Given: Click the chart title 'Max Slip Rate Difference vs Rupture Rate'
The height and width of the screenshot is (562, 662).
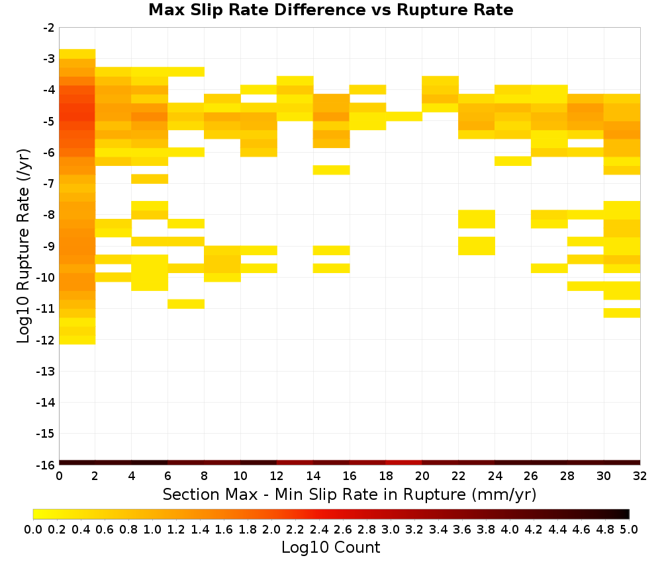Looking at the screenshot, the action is point(330,10).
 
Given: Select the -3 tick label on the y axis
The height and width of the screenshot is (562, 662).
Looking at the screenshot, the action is point(49,59).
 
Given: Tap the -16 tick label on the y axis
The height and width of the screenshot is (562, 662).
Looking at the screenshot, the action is point(46,465).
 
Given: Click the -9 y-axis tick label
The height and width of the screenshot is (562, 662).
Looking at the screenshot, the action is point(49,246).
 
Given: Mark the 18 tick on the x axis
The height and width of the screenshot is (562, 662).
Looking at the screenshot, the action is point(385,476).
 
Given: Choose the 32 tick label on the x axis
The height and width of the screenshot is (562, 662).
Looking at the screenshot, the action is point(640,476).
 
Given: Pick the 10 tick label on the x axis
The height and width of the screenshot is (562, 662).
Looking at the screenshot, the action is point(240,476).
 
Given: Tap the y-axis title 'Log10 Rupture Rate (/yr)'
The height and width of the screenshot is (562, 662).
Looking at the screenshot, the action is point(23,246).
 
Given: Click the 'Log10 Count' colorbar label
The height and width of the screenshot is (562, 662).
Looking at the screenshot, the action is point(330,547).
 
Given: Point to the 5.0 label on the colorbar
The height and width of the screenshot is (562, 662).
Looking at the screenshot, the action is point(629,529).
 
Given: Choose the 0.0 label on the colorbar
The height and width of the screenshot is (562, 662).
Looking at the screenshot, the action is point(33,529).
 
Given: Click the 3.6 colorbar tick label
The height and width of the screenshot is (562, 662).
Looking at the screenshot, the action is point(462,529).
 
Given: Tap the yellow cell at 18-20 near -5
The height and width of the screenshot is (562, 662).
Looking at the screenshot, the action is point(404,116).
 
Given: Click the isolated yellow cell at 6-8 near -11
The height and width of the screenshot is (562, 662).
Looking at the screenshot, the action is point(186,304).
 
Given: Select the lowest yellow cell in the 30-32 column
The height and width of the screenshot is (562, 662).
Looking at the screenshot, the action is point(622,313).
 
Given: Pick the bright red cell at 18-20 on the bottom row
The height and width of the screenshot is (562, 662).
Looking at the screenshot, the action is point(404,463).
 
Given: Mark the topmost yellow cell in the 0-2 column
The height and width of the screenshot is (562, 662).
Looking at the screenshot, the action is point(77,54).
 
